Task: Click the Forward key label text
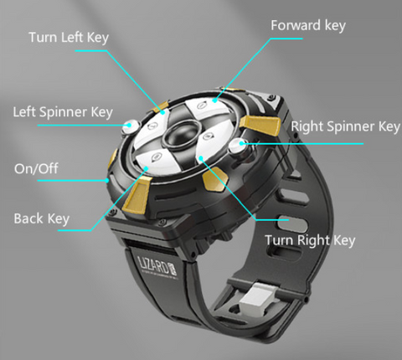click(x=308, y=26)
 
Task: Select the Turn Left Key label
click(x=69, y=38)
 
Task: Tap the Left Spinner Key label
click(x=63, y=112)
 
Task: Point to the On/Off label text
click(x=36, y=168)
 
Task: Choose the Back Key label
click(x=42, y=219)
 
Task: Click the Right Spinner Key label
click(x=346, y=126)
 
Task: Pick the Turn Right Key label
click(x=310, y=240)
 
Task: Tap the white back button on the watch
click(x=157, y=162)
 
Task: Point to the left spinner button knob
click(x=131, y=126)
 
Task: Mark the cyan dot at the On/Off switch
click(x=107, y=180)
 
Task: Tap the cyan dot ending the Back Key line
click(x=146, y=168)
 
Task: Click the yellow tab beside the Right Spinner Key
click(x=260, y=125)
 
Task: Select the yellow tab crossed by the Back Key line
click(x=137, y=195)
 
